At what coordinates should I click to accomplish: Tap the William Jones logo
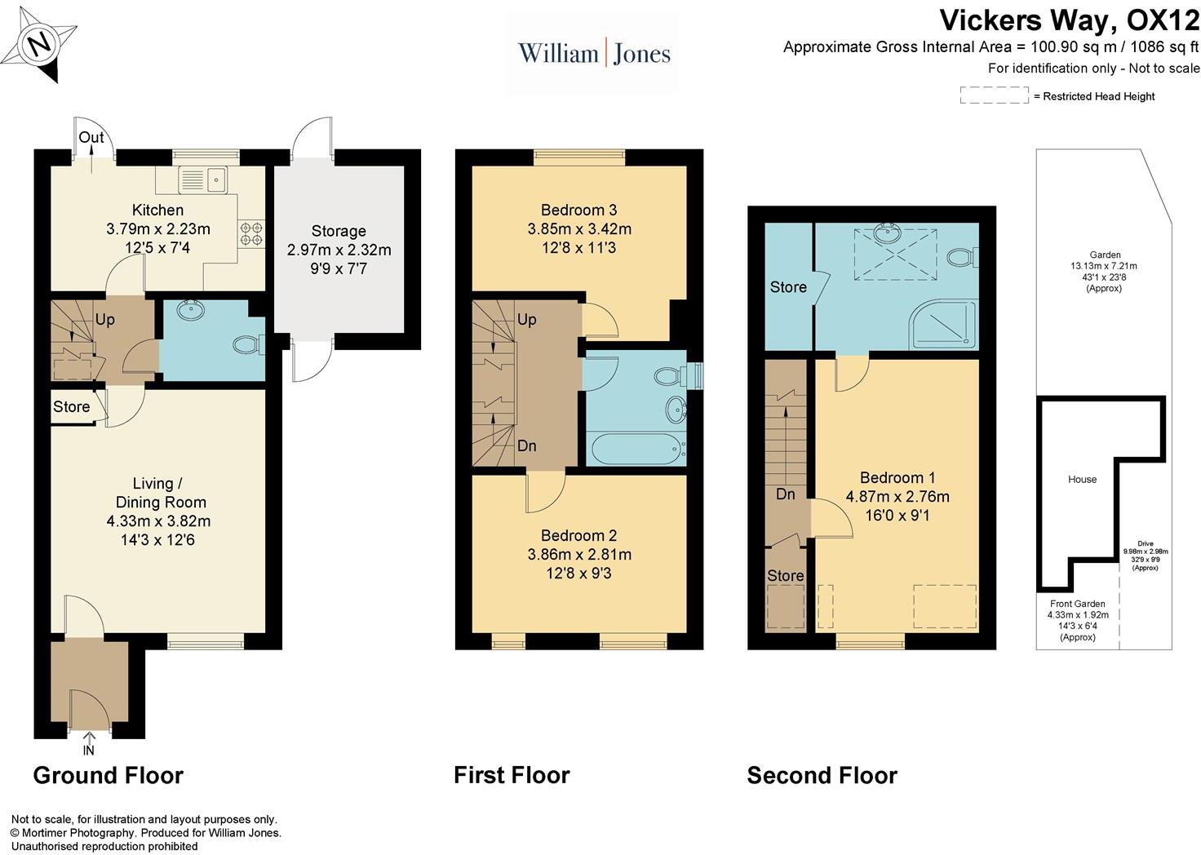[594, 54]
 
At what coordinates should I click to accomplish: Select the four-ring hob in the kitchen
[251, 234]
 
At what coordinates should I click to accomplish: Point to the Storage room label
[339, 231]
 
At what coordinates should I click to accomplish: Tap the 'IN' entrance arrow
[88, 745]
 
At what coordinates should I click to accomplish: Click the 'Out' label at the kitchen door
[91, 137]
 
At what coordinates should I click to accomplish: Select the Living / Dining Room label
[160, 493]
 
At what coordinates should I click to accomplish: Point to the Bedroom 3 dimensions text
[578, 238]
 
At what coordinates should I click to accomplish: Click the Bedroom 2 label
[578, 535]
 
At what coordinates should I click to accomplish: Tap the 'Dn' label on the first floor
[527, 446]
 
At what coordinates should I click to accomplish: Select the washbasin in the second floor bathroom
[886, 234]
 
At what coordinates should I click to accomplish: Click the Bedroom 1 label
[897, 477]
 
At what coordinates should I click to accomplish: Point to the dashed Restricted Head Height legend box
[994, 95]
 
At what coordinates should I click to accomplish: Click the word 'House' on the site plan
[1082, 479]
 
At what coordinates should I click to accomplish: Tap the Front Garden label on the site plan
[1077, 604]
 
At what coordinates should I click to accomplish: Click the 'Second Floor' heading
[822, 775]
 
